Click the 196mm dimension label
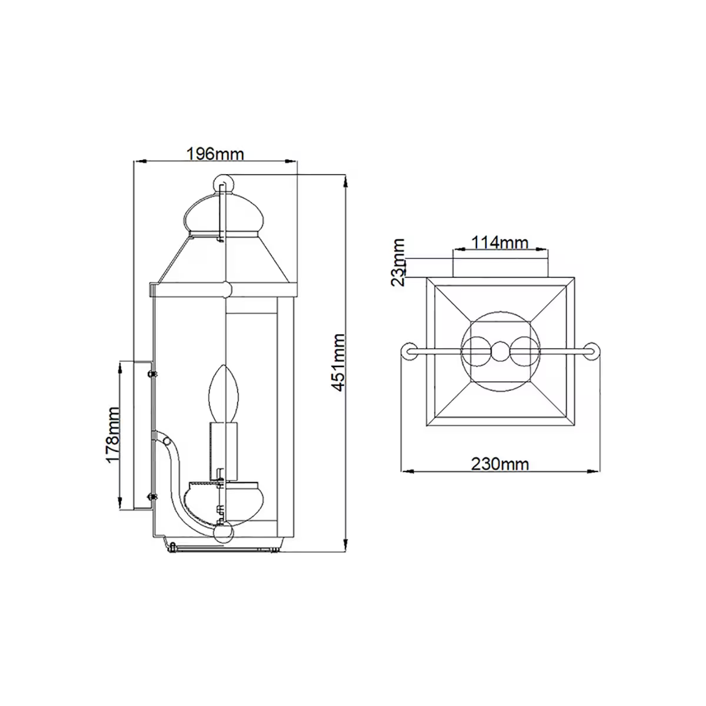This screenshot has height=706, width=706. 215,154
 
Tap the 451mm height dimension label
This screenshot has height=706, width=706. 338,362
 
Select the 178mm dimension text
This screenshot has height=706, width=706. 114,435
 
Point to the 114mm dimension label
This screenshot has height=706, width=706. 500,242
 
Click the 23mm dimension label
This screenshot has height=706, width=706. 399,262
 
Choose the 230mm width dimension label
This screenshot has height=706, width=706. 500,464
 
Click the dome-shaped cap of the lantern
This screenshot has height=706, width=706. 223,215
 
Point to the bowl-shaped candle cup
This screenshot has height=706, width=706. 223,500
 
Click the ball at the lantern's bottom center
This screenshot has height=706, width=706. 224,534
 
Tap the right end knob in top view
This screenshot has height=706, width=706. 593,352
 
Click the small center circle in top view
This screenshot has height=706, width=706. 500,352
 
